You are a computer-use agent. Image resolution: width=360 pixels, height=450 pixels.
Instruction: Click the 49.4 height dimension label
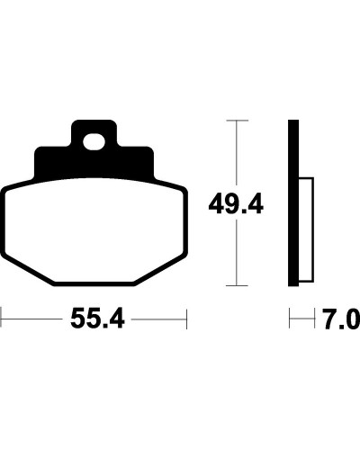pyautogui.click(x=236, y=204)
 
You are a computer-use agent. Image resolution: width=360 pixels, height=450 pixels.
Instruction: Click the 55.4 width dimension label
pyautogui.click(x=97, y=319)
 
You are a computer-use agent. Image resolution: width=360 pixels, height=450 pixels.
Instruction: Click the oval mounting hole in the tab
pyautogui.click(x=94, y=142)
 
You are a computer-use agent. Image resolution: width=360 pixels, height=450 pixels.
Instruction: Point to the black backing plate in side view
pyautogui.click(x=293, y=202)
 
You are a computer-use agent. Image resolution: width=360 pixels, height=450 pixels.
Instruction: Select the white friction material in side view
pyautogui.click(x=306, y=229)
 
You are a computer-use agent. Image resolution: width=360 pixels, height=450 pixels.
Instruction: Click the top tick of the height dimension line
pyautogui.click(x=238, y=121)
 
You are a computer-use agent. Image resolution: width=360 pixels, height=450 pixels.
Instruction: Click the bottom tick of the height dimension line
pyautogui.click(x=237, y=285)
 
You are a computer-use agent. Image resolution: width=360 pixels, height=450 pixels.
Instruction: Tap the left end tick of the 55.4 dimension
pyautogui.click(x=1, y=318)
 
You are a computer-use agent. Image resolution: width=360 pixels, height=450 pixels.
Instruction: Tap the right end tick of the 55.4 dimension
pyautogui.click(x=186, y=319)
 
